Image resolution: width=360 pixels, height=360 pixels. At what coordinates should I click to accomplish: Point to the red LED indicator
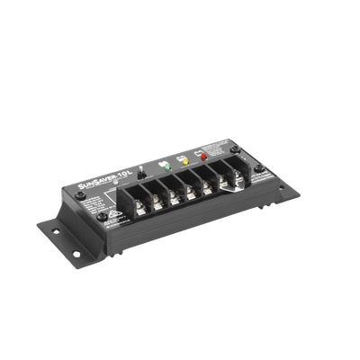(203, 156)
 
